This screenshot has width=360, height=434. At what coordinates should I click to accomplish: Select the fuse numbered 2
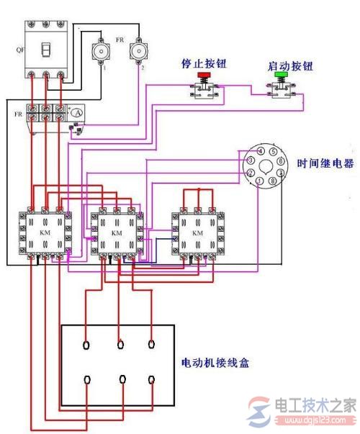coord(138,52)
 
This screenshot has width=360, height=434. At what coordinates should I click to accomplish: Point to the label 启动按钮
coord(283,65)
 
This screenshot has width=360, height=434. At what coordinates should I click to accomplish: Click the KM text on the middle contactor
coord(116,234)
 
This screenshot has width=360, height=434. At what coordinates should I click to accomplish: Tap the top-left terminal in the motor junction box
coord(87,343)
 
